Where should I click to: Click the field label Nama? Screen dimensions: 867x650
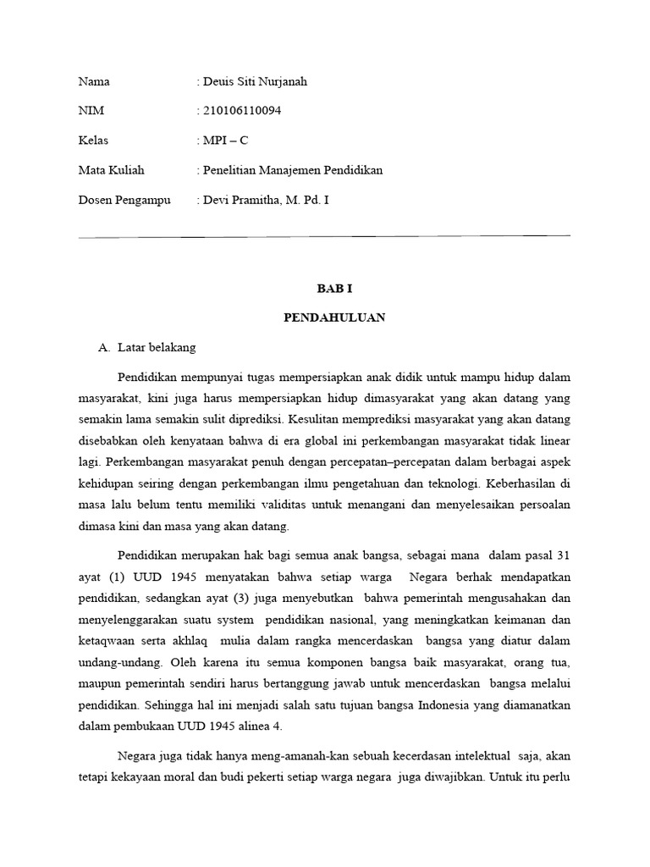(x=94, y=82)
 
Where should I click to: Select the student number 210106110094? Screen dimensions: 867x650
(x=242, y=111)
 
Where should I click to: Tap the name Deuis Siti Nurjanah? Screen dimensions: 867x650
(x=255, y=82)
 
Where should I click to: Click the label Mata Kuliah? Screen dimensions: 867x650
(x=111, y=170)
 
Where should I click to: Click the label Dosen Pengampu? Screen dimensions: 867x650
(x=124, y=200)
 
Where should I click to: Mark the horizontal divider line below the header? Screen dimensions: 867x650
(x=324, y=236)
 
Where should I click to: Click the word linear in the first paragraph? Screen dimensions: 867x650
(x=553, y=439)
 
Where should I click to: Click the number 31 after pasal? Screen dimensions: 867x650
(x=562, y=556)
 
